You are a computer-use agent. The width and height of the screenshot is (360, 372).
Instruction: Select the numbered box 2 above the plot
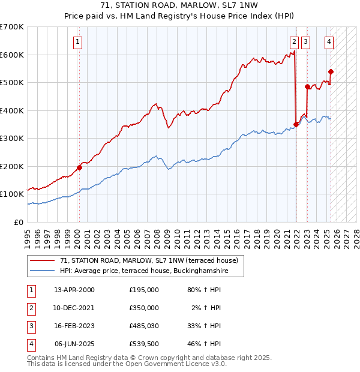click(294, 41)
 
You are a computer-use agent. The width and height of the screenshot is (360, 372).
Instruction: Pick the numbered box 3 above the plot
click(305, 41)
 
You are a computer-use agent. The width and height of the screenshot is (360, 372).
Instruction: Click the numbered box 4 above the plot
click(329, 41)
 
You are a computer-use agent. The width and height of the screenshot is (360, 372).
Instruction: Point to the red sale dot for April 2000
click(79, 167)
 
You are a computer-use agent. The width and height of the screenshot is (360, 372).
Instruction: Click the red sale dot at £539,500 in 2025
click(331, 71)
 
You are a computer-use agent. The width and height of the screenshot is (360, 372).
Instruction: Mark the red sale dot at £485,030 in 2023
click(307, 86)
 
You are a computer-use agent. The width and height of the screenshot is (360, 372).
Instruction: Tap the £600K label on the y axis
click(12, 55)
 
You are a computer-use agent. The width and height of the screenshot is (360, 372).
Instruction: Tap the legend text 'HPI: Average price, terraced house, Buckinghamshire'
click(145, 271)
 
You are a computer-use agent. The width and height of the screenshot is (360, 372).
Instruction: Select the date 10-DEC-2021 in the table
click(74, 308)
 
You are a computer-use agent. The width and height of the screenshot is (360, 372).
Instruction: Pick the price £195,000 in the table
click(144, 289)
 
